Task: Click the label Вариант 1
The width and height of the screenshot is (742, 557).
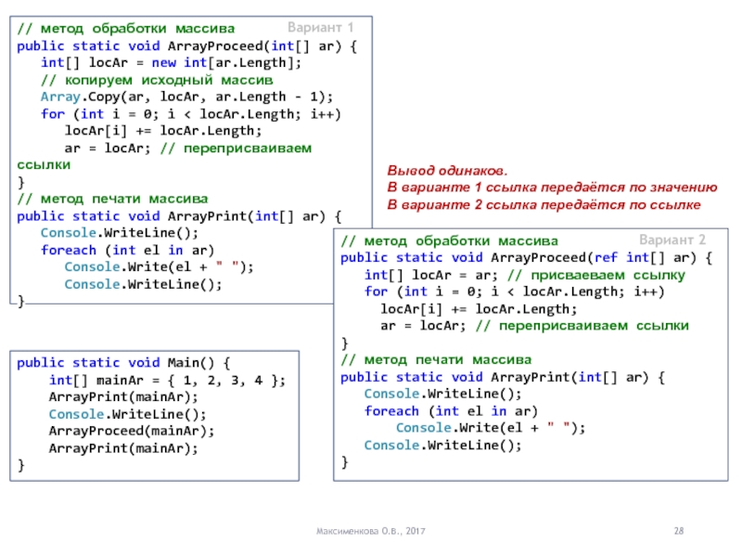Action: [x=321, y=27]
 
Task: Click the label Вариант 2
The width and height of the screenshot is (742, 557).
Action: [x=672, y=239]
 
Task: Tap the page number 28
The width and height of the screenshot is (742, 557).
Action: [x=678, y=529]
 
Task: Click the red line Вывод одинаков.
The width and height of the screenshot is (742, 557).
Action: [x=447, y=172]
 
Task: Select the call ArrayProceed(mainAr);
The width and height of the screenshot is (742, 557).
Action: [x=131, y=431]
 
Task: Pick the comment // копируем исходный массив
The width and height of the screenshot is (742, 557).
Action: [x=157, y=80]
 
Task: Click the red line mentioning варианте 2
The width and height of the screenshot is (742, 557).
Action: [x=544, y=203]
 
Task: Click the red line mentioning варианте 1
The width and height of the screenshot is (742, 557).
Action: [x=551, y=188]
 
